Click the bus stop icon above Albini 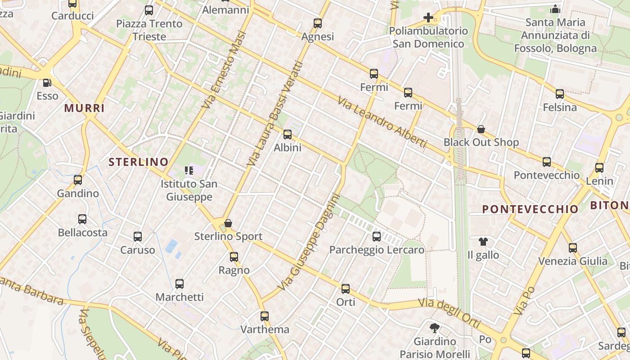coord(288,134)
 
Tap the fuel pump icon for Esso coord(47,83)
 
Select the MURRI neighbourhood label coord(84,108)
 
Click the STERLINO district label coord(139,162)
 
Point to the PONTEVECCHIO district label coord(530,209)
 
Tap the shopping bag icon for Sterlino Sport coord(228,223)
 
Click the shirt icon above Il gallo coord(483,242)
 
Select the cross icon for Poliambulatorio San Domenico coord(428,18)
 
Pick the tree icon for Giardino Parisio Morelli coord(434,328)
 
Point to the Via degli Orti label coord(449,313)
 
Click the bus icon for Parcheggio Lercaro coord(377,236)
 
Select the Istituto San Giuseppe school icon coord(189,170)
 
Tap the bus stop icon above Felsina coord(559,94)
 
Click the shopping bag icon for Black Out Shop coord(481,129)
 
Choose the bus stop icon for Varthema coord(265,316)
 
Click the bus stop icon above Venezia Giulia coord(572,247)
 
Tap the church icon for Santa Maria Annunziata coord(555,9)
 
